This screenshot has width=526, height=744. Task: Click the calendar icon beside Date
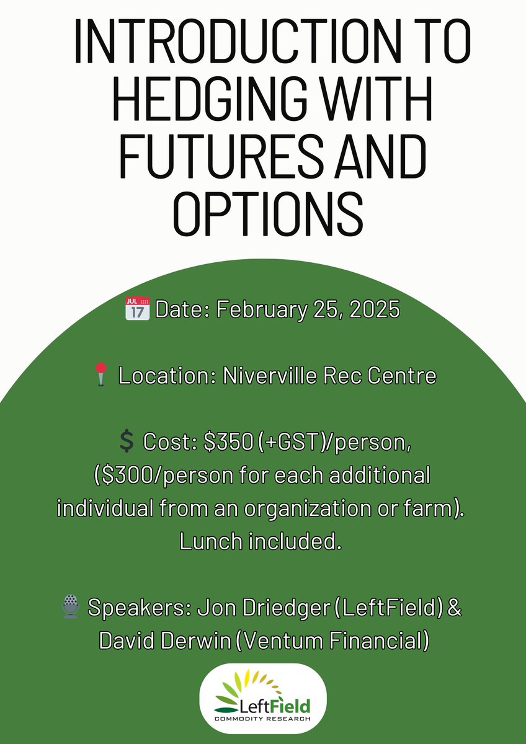click(x=137, y=309)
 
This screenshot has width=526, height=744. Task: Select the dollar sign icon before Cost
click(x=126, y=442)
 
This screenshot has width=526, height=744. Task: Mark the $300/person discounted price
click(x=154, y=476)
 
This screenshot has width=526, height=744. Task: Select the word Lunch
click(x=208, y=541)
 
